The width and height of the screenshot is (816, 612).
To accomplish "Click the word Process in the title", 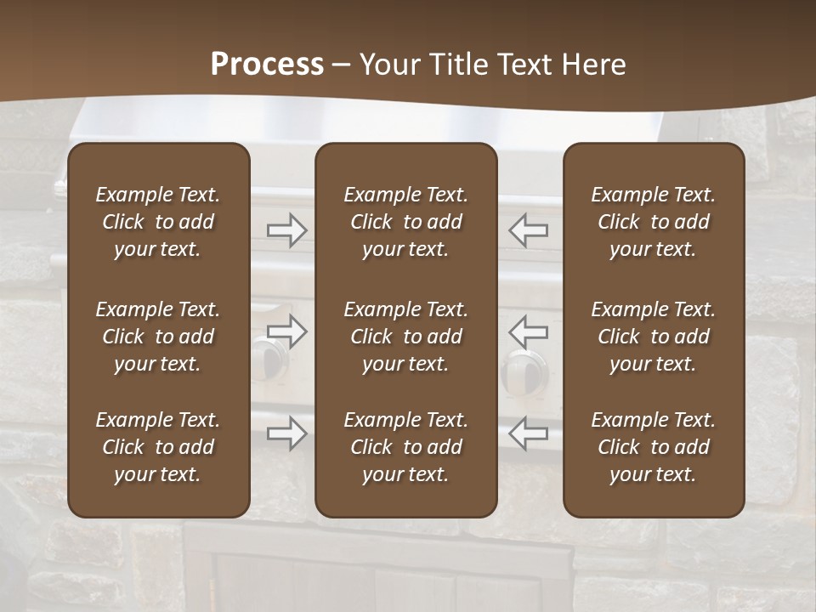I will tap(267, 65).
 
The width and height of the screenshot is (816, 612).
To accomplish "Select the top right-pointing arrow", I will tap(287, 230).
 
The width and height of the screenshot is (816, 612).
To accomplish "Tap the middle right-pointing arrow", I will tap(287, 331).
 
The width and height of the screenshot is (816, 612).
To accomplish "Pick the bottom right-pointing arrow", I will tap(287, 433).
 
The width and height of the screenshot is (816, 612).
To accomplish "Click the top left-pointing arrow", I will tap(528, 230).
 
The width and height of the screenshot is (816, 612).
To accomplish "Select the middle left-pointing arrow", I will tap(528, 331).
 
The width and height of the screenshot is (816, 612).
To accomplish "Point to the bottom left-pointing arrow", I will tap(528, 433).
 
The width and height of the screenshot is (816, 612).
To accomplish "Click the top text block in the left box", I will tap(158, 222).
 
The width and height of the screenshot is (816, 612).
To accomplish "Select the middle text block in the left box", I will tap(158, 337).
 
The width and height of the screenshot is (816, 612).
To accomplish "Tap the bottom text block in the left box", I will tap(158, 447).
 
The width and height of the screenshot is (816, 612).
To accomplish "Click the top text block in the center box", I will tap(405, 222).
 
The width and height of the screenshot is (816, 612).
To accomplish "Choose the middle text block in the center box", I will tap(405, 337).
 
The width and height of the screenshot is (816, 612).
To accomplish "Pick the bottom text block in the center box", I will tap(405, 447).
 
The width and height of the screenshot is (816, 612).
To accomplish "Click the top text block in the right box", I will tap(653, 222).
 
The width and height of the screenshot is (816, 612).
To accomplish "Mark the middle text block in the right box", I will tap(653, 337).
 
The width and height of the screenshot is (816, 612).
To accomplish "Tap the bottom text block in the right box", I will tap(653, 447).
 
